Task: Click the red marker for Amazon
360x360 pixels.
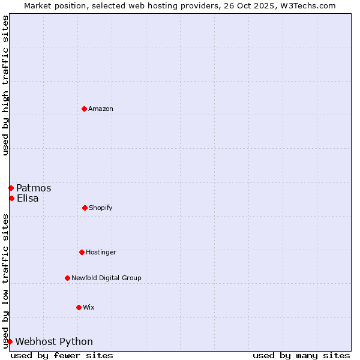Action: [84, 109]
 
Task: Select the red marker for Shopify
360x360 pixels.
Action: [85, 208]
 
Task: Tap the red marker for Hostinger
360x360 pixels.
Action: [82, 252]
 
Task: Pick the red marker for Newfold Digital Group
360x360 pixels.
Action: [67, 278]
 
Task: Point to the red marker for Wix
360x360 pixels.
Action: [79, 307]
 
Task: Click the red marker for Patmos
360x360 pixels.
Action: [11, 188]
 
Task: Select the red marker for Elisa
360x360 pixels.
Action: [11, 198]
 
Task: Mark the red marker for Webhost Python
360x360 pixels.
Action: [10, 341]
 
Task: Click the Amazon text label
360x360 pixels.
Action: [101, 109]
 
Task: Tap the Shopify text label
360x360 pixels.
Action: [101, 208]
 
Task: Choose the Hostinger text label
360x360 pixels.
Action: [101, 252]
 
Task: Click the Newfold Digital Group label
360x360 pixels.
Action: [106, 278]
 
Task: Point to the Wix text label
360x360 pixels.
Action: [89, 307]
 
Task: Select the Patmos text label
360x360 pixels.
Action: [34, 188]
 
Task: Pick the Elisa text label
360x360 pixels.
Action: [28, 198]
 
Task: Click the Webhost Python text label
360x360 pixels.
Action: [54, 341]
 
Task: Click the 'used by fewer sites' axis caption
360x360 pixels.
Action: [62, 355]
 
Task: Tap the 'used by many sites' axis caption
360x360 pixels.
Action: [301, 355]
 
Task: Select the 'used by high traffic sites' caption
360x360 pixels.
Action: [5, 85]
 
